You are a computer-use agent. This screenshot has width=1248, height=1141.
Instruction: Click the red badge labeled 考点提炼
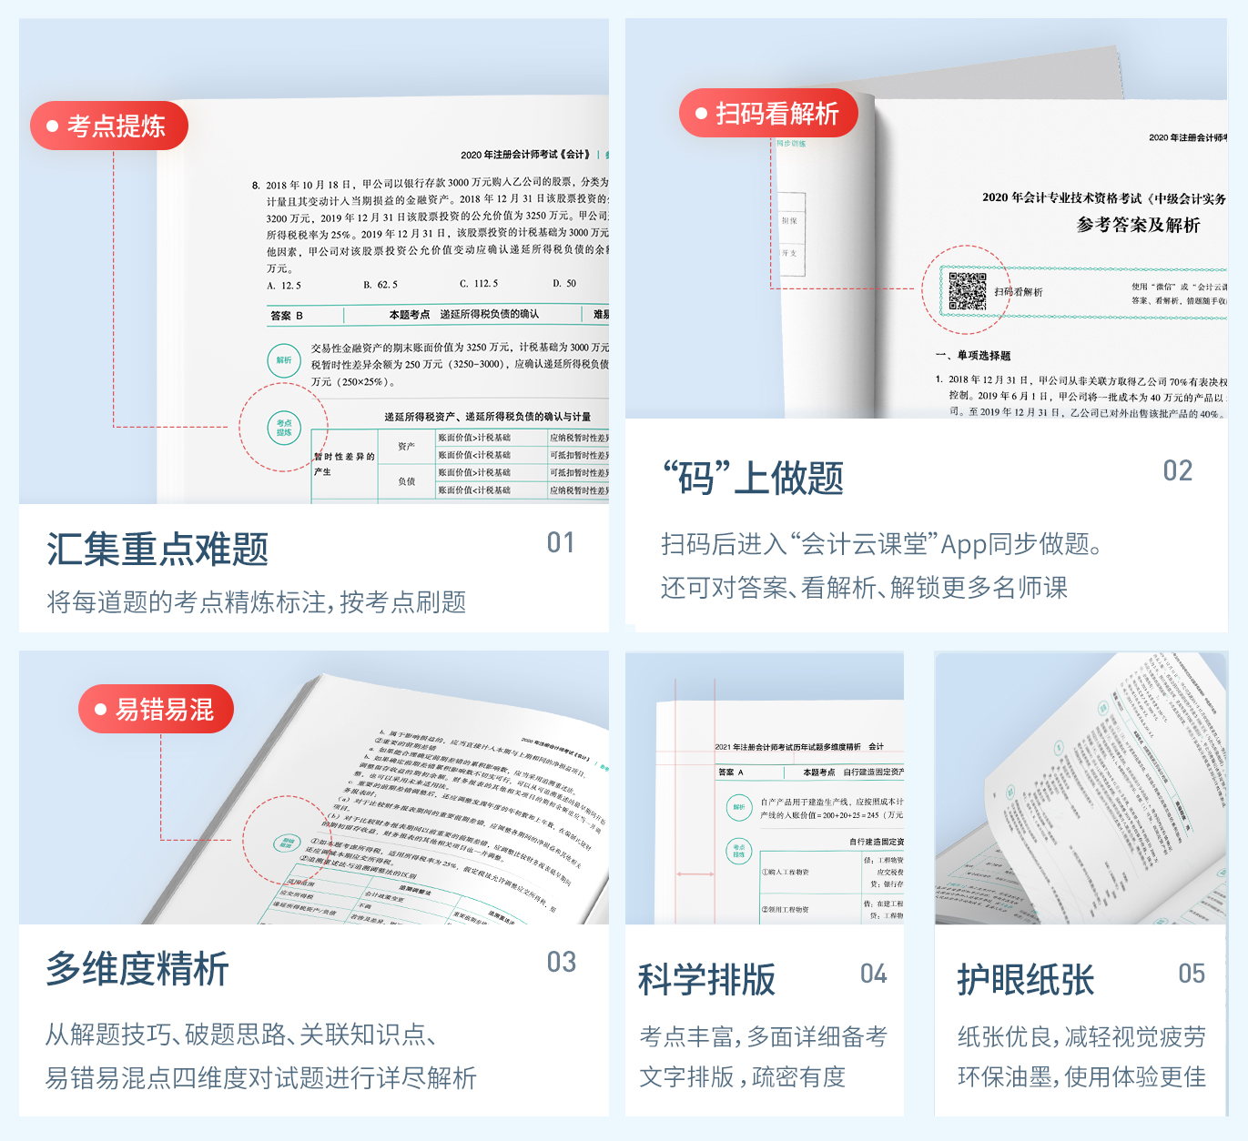click(x=108, y=126)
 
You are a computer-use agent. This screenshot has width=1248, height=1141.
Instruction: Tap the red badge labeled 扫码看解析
click(x=767, y=114)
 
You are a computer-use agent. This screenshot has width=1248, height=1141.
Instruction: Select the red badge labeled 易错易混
click(x=156, y=709)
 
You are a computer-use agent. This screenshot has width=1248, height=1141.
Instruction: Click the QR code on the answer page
click(x=967, y=291)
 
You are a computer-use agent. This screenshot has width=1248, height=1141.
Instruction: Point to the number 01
click(x=561, y=543)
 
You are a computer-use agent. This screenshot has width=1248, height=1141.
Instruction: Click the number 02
click(x=1177, y=470)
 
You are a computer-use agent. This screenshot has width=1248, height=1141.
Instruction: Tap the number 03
click(x=561, y=962)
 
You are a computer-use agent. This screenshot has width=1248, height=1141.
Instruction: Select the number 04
click(x=873, y=974)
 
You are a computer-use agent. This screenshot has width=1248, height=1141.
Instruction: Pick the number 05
click(x=1191, y=974)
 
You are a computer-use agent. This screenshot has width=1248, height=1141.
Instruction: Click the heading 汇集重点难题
click(x=157, y=550)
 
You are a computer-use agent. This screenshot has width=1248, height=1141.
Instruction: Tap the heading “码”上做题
click(x=753, y=478)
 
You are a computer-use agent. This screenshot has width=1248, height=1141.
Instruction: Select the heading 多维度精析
click(x=137, y=968)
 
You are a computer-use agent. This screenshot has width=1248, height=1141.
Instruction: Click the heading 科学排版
click(x=707, y=980)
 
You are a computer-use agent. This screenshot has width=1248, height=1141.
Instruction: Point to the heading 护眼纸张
click(x=1026, y=980)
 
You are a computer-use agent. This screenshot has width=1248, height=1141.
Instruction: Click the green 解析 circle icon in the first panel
click(x=284, y=360)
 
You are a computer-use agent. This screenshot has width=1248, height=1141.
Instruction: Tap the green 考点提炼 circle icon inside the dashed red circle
click(x=284, y=427)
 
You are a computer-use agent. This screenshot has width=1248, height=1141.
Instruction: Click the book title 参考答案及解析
click(x=1138, y=225)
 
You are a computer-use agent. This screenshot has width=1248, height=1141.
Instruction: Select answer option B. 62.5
click(x=380, y=284)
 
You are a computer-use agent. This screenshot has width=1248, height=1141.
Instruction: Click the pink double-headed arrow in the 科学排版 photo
click(x=695, y=873)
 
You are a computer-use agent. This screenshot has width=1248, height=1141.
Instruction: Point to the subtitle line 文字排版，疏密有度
click(x=742, y=1076)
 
